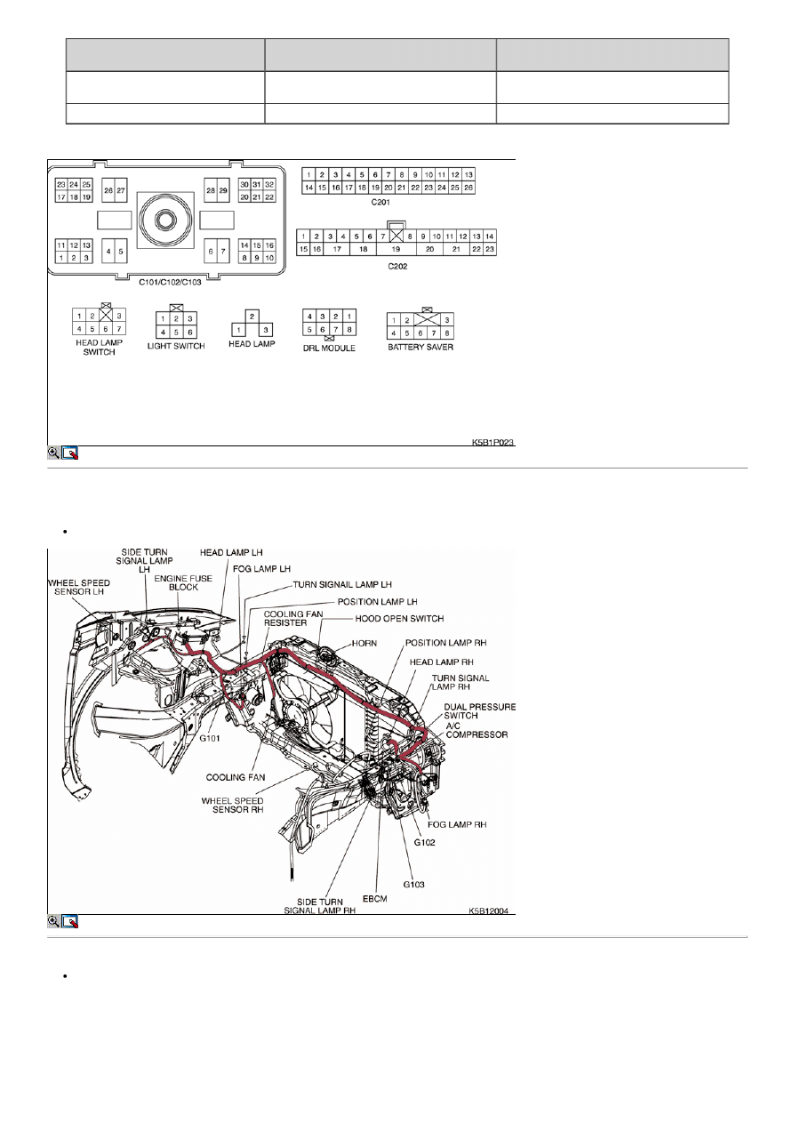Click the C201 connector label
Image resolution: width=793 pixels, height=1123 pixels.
(x=380, y=202)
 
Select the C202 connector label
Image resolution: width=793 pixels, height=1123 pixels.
(x=397, y=266)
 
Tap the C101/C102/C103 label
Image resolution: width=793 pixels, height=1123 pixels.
(x=170, y=282)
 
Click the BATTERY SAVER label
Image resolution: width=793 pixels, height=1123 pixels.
(x=421, y=347)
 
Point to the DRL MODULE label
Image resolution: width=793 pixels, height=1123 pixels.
(x=329, y=348)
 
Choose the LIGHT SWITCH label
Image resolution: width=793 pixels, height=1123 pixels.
(x=176, y=346)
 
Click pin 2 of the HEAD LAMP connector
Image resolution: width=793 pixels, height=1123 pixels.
(x=252, y=317)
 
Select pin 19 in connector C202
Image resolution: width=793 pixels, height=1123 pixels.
(x=396, y=249)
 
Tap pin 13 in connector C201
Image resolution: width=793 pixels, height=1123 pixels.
(x=469, y=174)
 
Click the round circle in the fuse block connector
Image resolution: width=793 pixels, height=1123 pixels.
(x=165, y=221)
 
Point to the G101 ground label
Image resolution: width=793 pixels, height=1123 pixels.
(x=210, y=739)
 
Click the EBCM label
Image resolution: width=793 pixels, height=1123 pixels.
(x=375, y=898)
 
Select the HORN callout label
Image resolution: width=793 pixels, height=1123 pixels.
(x=364, y=643)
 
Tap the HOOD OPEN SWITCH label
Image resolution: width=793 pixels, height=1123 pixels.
(x=399, y=619)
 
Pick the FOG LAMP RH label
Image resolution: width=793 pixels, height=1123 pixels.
(x=457, y=825)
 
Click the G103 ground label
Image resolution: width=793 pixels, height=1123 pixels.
(x=414, y=885)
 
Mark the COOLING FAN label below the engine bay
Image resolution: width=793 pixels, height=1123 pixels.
(x=236, y=778)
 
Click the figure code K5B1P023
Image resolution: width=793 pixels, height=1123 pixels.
(x=493, y=442)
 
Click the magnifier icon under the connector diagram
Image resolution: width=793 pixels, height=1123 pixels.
(x=53, y=453)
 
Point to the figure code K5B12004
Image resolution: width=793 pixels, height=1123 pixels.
(x=489, y=910)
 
